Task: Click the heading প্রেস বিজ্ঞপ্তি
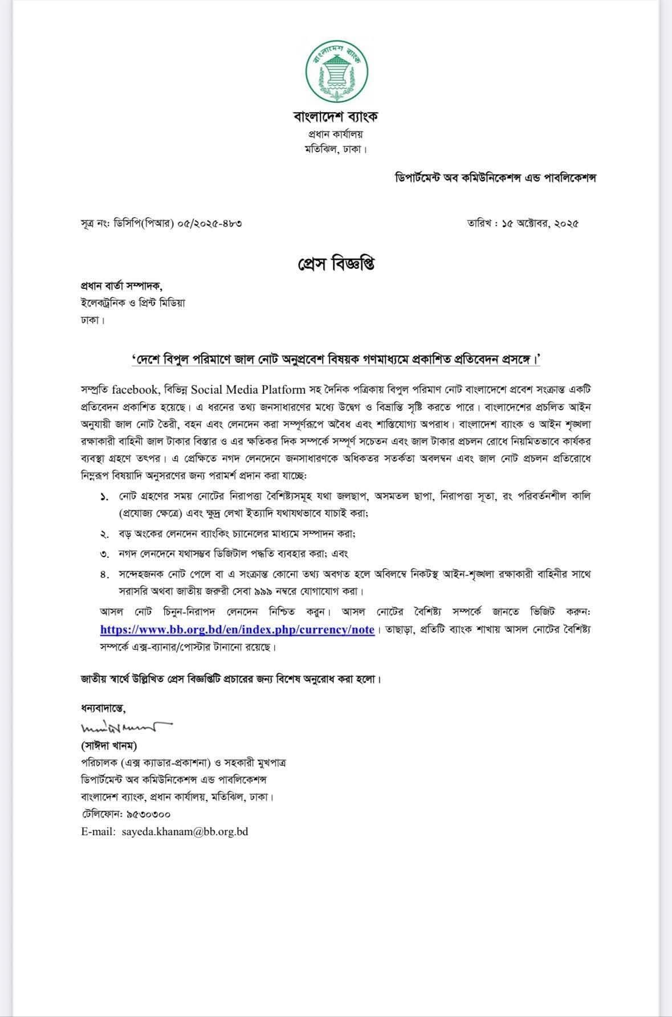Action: pyautogui.click(x=336, y=264)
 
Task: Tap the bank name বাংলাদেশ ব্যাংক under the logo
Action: pyautogui.click(x=336, y=117)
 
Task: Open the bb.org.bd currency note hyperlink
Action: pyautogui.click(x=237, y=630)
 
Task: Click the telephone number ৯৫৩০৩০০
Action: pyautogui.click(x=146, y=814)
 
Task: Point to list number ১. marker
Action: pyautogui.click(x=104, y=497)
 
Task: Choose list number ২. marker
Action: pyautogui.click(x=104, y=534)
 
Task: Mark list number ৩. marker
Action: pyautogui.click(x=104, y=553)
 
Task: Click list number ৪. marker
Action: pyautogui.click(x=104, y=574)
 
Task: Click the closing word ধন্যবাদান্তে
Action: pyautogui.click(x=103, y=709)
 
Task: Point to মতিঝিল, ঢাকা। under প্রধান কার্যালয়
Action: pyautogui.click(x=335, y=150)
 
